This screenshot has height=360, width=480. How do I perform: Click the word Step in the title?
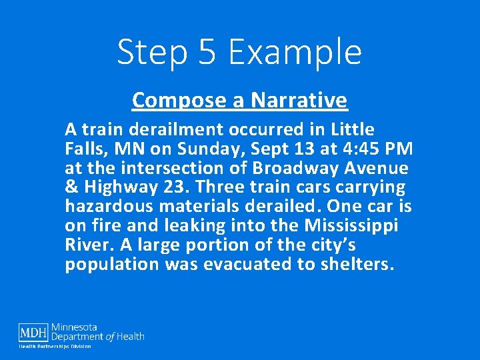(x=150, y=53)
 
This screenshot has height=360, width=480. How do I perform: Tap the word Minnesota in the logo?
(x=75, y=327)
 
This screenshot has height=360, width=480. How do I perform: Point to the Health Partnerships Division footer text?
(x=55, y=347)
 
